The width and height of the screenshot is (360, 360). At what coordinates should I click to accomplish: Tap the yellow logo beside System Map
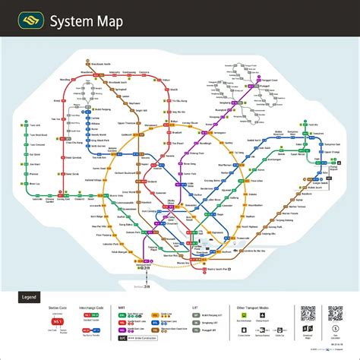(x=30, y=21)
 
